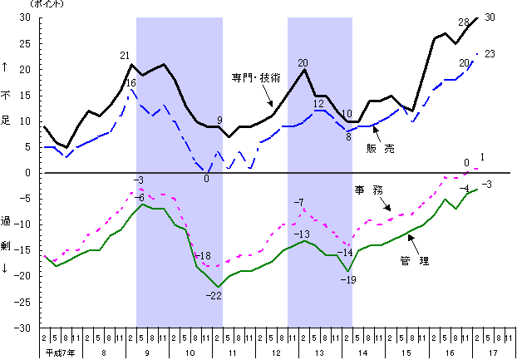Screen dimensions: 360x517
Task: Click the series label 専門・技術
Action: tap(255, 77)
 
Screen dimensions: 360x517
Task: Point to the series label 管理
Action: tap(414, 261)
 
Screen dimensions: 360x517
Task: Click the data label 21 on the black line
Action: tap(125, 56)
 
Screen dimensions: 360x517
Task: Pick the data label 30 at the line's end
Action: tap(490, 17)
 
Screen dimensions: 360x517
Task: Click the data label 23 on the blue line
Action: tap(490, 54)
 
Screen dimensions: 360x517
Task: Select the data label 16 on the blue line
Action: tap(130, 83)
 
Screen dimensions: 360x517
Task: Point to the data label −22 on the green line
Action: tap(214, 295)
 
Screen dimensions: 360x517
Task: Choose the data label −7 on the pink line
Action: tap(299, 202)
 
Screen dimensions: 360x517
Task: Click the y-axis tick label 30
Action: tap(25, 17)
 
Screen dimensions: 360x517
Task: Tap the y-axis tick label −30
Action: tap(22, 328)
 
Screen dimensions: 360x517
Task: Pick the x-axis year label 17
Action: tap(494, 353)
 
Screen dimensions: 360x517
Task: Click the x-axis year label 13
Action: tap(320, 353)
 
